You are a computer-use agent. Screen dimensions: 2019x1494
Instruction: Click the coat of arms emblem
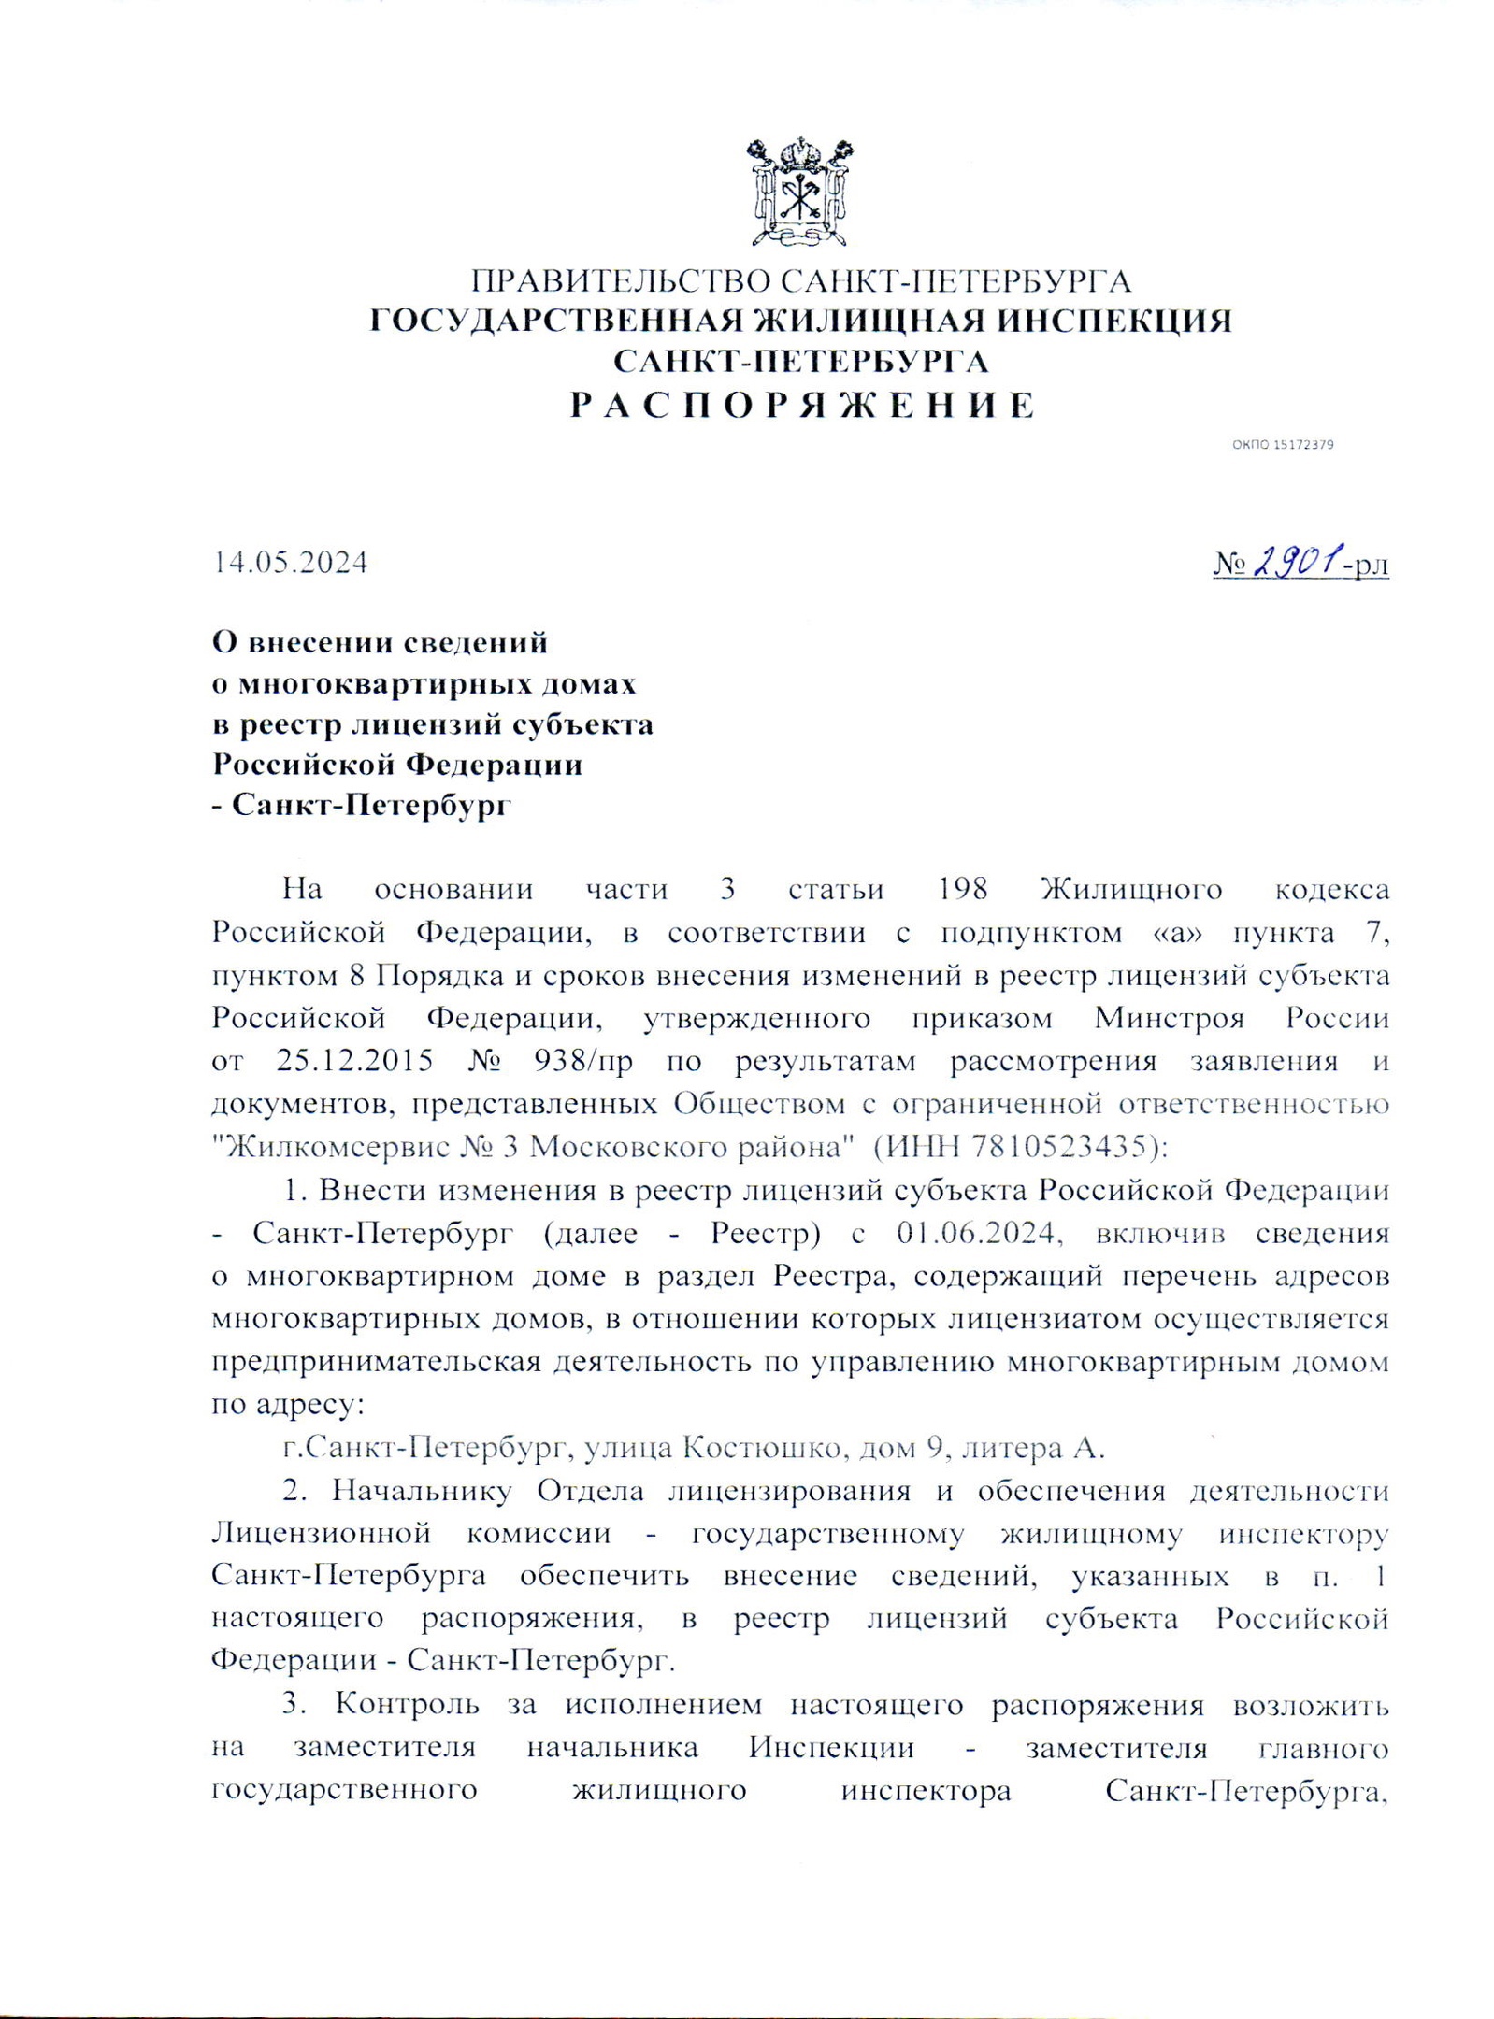tap(799, 192)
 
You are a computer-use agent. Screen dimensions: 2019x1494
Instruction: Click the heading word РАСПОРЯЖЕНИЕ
tap(803, 406)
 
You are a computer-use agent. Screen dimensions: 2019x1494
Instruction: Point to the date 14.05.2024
tap(291, 563)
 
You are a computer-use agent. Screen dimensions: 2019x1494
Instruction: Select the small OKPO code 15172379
tap(1282, 445)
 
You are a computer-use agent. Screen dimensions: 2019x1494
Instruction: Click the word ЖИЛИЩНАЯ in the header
tap(865, 321)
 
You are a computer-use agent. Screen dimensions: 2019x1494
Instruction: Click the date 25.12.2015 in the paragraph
tap(354, 1061)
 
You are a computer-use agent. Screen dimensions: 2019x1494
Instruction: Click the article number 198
tap(963, 888)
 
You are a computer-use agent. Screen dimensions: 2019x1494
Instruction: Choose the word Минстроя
tap(1169, 1018)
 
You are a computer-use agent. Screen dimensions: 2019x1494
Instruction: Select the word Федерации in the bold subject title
tap(493, 765)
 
